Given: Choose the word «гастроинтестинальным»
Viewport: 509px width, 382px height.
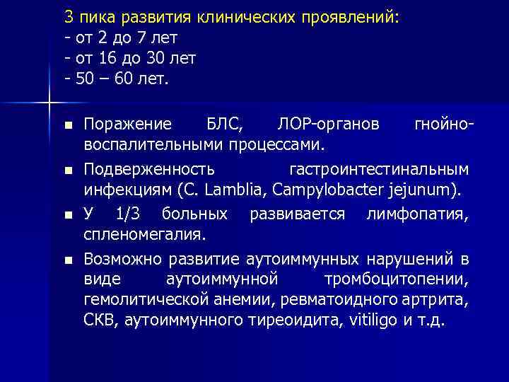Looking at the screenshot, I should point(379,170).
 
